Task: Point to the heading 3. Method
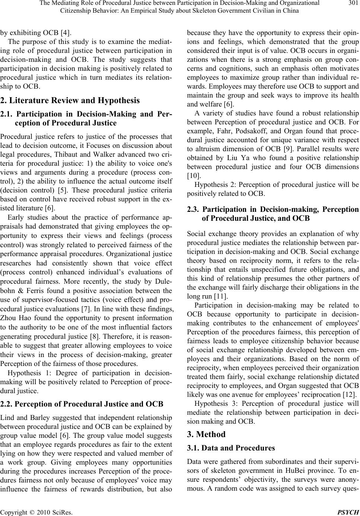[x=206, y=434]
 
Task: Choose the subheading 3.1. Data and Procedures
[x=231, y=448]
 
